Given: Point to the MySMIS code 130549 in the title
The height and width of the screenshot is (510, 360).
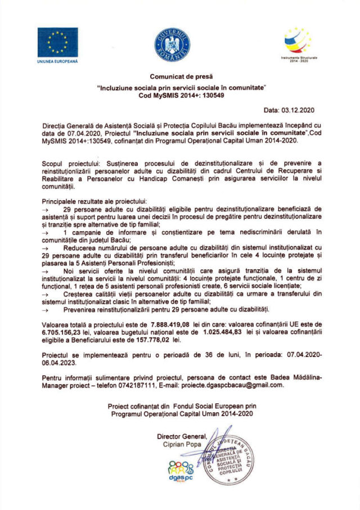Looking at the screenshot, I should (x=213, y=96).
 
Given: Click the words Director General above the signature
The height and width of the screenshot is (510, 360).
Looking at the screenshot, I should (x=182, y=435).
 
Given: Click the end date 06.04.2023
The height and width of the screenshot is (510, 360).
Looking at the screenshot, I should (x=61, y=363).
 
